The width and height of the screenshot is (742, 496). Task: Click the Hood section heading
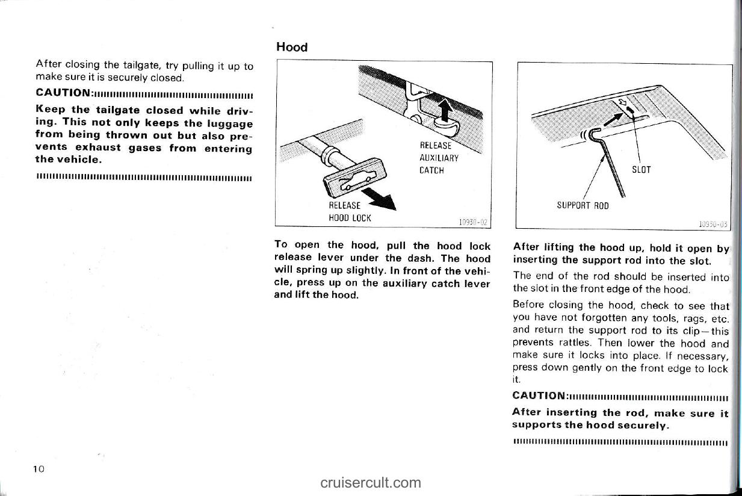(292, 47)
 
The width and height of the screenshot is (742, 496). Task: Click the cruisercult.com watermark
(371, 482)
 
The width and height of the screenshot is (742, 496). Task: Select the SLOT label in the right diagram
(642, 170)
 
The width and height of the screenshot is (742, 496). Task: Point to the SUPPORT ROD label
(583, 205)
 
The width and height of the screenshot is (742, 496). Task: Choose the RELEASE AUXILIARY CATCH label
(439, 158)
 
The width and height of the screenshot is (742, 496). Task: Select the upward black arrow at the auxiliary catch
(445, 110)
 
